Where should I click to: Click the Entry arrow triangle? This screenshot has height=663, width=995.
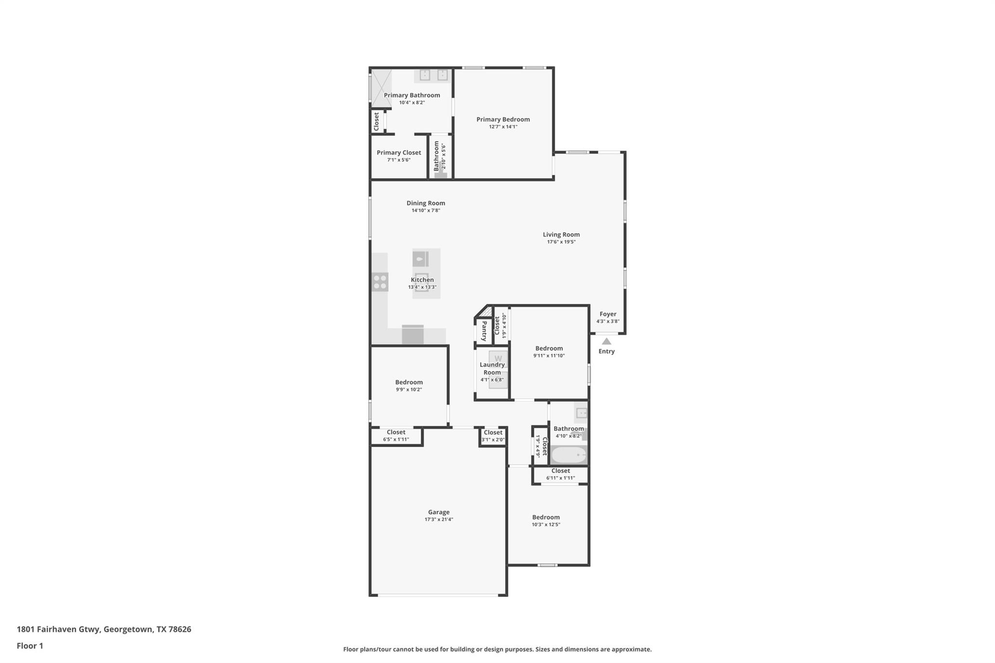606,341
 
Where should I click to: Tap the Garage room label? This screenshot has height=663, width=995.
438,512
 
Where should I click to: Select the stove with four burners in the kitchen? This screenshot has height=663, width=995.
380,282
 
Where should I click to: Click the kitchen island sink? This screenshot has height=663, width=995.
421,259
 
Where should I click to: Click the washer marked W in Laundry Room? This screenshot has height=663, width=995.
498,358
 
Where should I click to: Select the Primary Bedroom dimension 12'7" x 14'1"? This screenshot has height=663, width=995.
503,127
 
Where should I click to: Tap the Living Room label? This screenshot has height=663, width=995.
561,235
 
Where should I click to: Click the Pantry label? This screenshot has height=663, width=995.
484,331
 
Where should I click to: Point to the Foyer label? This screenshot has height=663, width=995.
607,314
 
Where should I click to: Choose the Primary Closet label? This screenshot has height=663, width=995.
398,153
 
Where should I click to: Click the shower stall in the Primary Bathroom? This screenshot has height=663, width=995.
381,87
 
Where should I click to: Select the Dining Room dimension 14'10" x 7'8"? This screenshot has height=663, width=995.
426,210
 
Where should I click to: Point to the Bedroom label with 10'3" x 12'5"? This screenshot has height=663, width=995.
546,517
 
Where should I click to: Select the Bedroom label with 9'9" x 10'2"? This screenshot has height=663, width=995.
409,382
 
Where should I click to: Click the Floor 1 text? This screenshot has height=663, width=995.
30,646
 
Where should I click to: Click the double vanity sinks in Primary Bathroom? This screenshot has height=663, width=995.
433,75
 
